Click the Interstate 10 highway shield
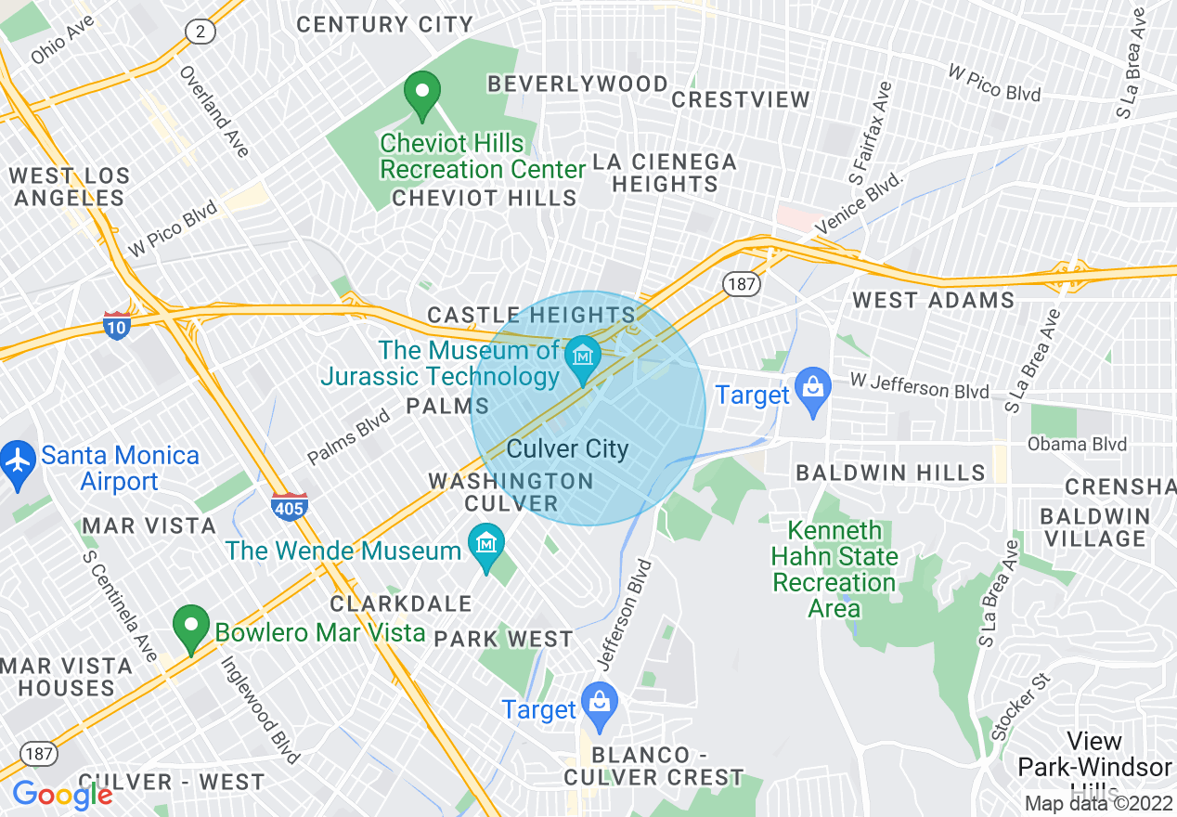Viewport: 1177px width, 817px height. pos(116,324)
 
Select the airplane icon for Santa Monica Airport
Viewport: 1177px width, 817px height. pos(18,458)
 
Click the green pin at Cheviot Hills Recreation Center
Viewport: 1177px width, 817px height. pos(422,95)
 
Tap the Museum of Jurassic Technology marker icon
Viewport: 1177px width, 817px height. pos(583,357)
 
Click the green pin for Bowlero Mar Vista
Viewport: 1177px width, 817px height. pos(191,628)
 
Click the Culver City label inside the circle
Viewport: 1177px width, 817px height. pos(567,449)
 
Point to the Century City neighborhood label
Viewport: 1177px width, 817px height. pos(384,25)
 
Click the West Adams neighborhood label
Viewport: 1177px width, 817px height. pos(933,300)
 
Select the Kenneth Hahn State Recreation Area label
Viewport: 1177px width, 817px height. pos(834,569)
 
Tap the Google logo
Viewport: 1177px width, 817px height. pos(62,795)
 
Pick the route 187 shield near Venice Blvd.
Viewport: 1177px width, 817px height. pos(742,283)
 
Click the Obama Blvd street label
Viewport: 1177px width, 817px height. pos(1077,444)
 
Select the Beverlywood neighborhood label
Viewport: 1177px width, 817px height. pos(577,84)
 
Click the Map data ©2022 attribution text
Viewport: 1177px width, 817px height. pos(1099,803)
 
